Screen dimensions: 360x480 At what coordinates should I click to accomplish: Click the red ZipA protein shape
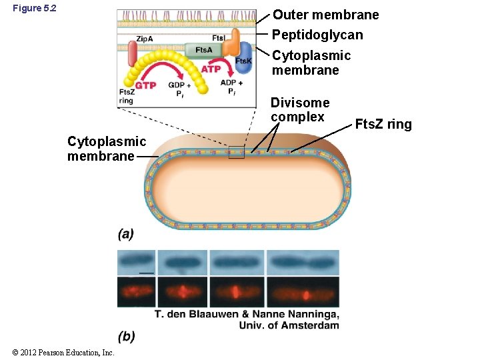133,55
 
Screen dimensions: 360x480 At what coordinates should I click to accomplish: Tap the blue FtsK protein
244,58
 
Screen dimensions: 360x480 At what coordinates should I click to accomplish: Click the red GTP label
145,85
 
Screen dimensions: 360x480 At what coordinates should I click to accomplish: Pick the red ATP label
211,69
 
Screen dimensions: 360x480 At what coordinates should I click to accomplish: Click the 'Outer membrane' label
325,15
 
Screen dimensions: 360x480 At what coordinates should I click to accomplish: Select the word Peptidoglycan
317,35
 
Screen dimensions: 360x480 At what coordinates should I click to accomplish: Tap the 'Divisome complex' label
299,109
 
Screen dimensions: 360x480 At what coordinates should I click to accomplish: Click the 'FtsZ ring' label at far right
383,124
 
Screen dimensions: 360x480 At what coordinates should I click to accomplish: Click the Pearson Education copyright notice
58,352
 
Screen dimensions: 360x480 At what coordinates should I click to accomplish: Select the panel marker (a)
126,234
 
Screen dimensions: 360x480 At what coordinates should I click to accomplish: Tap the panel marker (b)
126,337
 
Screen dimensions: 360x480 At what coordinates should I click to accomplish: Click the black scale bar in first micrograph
147,273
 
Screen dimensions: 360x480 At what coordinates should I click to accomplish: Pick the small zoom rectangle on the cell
236,153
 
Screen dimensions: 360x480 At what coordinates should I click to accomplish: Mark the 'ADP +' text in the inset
231,83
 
